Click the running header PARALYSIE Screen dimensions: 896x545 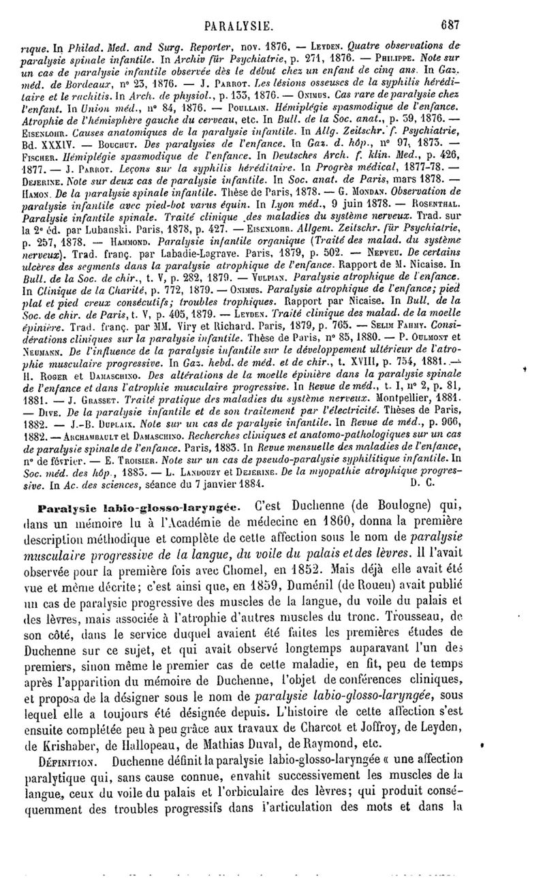(244, 9)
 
